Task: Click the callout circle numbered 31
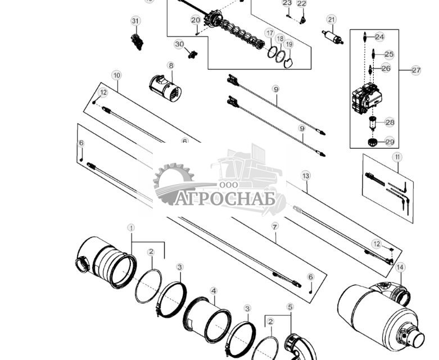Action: click(135, 21)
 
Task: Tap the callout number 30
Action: click(179, 44)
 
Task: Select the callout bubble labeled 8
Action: click(170, 66)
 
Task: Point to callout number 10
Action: click(116, 75)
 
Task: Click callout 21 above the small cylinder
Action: click(331, 20)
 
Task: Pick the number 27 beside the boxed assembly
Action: click(415, 70)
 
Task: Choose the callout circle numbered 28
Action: click(390, 122)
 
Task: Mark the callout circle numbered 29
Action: click(390, 142)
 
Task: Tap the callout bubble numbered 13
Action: click(306, 176)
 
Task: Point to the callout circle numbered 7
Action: click(275, 226)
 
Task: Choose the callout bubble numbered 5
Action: click(290, 307)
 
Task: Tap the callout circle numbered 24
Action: click(379, 37)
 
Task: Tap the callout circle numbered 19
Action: click(289, 44)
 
